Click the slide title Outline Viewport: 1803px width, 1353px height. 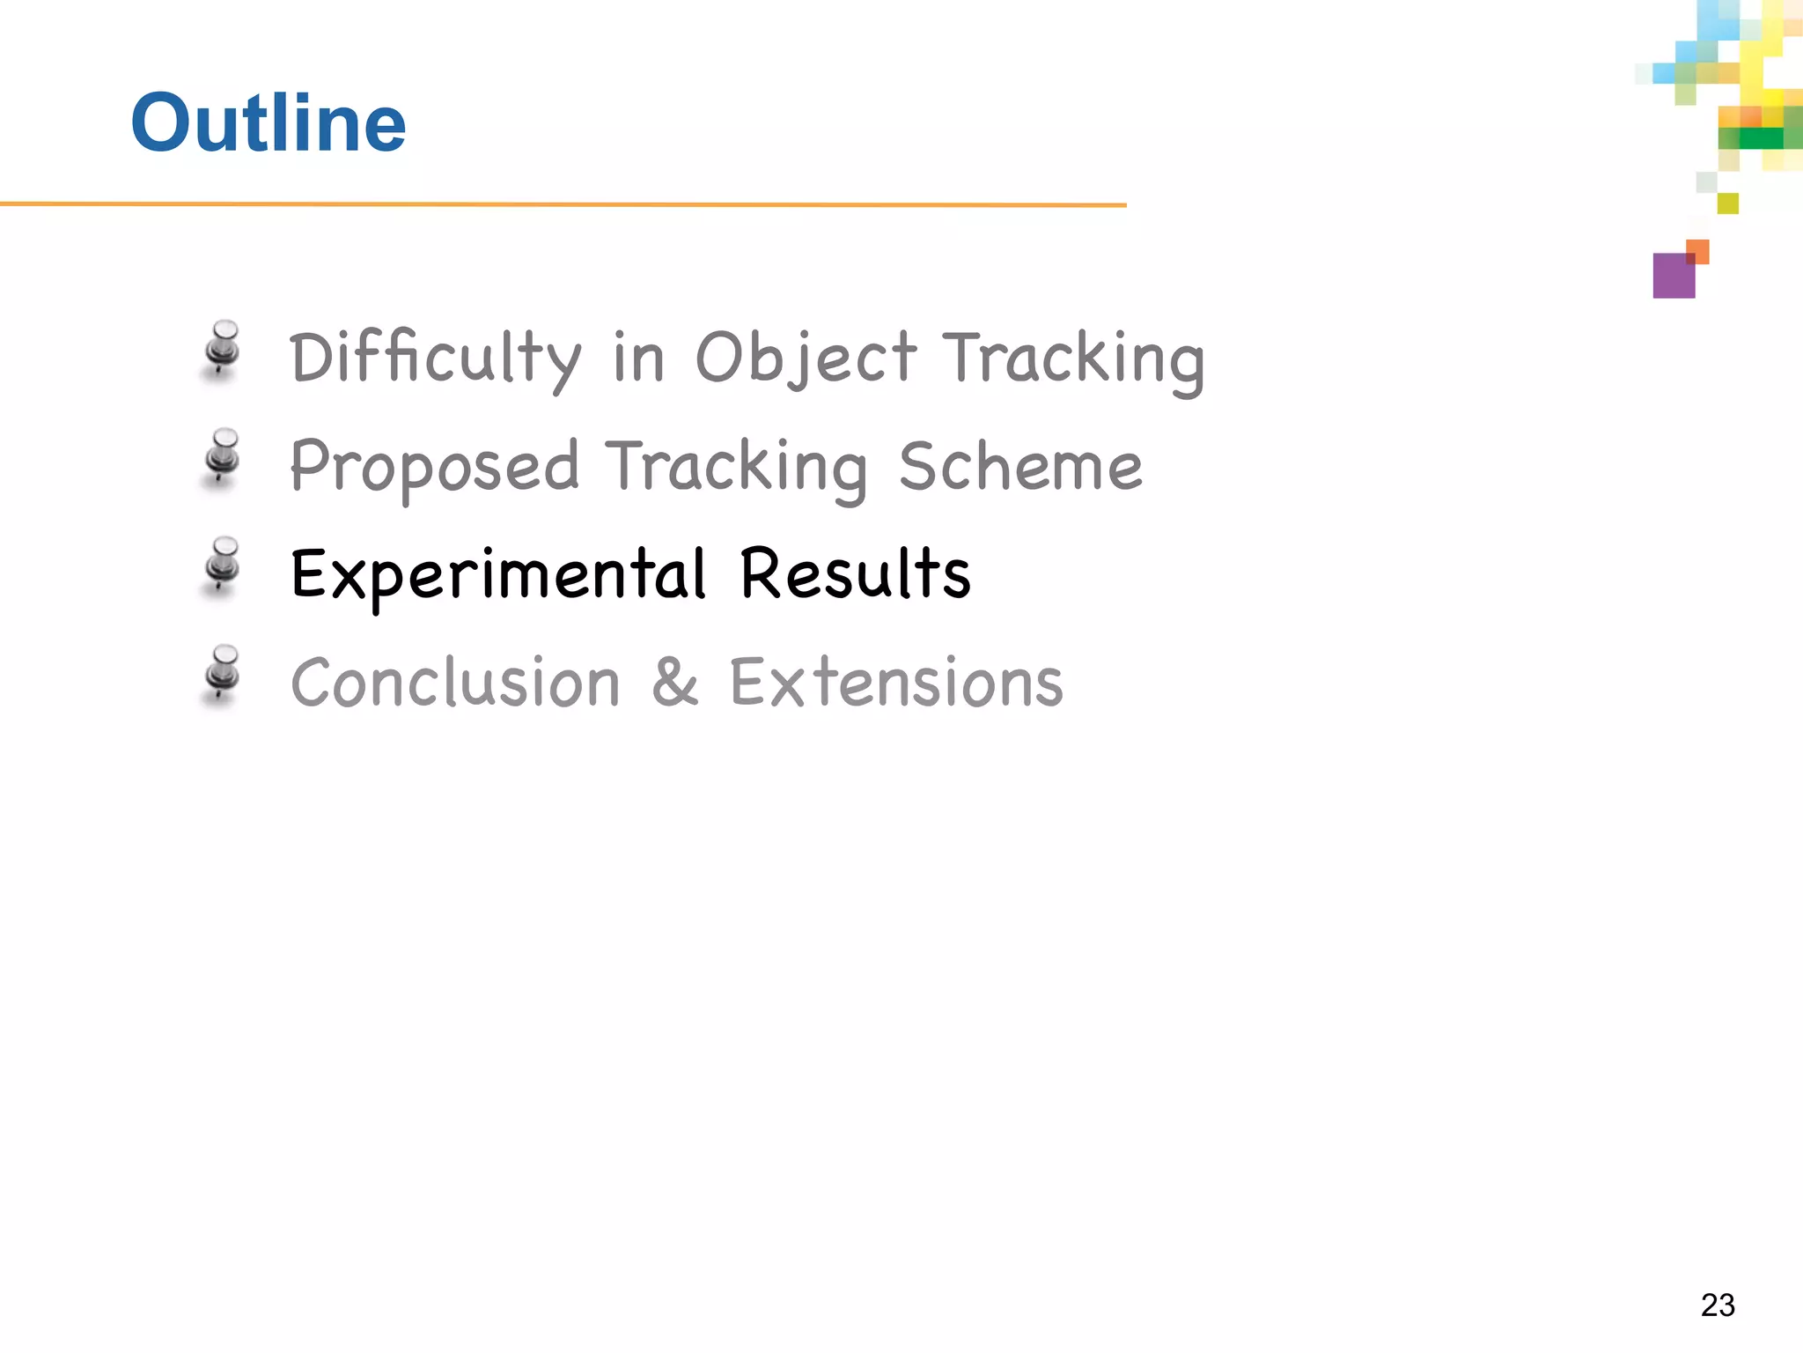point(269,122)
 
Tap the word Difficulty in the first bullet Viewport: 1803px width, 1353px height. point(435,359)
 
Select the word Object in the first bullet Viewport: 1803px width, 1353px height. point(806,359)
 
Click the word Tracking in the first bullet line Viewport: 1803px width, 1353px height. point(1073,359)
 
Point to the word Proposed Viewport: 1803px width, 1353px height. point(434,467)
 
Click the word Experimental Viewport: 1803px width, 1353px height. point(498,575)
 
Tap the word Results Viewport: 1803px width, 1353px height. point(855,573)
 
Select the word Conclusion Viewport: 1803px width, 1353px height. point(456,683)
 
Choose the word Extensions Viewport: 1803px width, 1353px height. point(896,683)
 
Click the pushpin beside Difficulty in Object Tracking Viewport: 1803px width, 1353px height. point(223,349)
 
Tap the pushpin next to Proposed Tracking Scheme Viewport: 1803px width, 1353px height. point(223,457)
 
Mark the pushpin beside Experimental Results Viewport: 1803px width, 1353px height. point(223,566)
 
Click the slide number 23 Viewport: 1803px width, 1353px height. point(1718,1305)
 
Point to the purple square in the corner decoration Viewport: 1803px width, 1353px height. point(1672,278)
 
